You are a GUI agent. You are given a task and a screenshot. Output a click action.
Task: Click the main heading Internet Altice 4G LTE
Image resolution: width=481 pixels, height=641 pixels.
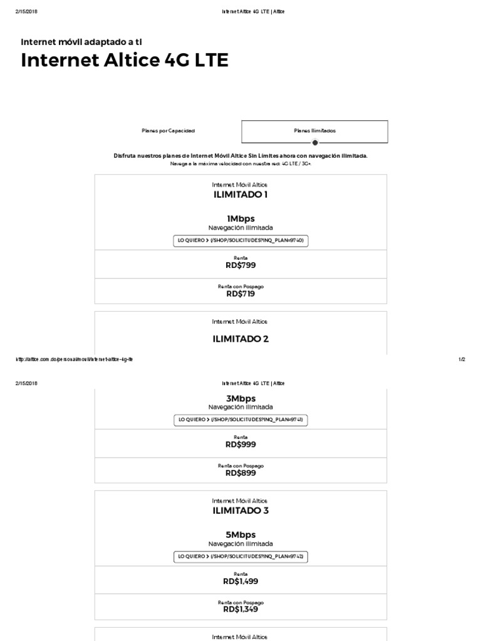[x=125, y=61]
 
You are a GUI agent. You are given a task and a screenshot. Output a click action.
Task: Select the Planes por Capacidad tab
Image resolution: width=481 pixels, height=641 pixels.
[x=168, y=131]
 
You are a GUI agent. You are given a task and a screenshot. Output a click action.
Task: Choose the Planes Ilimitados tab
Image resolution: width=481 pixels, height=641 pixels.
[x=314, y=131]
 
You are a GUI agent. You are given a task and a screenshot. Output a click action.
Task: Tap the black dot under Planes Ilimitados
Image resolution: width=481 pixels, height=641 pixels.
[x=314, y=143]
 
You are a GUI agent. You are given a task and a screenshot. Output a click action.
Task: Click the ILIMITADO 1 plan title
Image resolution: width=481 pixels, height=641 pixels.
[x=240, y=194]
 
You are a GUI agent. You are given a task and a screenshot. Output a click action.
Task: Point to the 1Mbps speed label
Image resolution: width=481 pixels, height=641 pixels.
[x=240, y=218]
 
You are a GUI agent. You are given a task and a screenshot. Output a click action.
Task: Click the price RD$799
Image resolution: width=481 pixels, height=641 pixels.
[x=240, y=265]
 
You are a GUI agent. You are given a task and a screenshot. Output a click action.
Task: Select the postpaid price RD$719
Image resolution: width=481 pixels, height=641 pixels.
[x=240, y=294]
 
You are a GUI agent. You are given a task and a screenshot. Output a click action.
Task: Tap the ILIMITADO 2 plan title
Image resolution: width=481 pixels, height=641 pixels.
[x=240, y=339]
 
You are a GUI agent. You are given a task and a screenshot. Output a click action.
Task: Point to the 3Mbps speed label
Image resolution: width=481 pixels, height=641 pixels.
[x=240, y=398]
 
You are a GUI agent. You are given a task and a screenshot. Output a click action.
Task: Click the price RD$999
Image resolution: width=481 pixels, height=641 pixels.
[x=240, y=444]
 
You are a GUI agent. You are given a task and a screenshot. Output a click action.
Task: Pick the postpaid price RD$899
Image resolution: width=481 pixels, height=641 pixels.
[x=240, y=473]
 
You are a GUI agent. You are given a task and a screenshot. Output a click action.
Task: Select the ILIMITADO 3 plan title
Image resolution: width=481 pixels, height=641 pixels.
[x=240, y=511]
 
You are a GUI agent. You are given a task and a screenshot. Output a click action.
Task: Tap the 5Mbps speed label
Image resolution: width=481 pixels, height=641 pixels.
[x=240, y=535]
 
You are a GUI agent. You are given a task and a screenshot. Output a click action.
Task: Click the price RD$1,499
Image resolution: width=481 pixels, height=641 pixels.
[x=240, y=582]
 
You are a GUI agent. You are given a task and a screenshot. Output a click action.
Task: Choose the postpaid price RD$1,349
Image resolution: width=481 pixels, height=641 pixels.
[x=240, y=609]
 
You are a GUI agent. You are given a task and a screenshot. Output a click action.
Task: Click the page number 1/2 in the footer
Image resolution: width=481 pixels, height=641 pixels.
[x=462, y=359]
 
